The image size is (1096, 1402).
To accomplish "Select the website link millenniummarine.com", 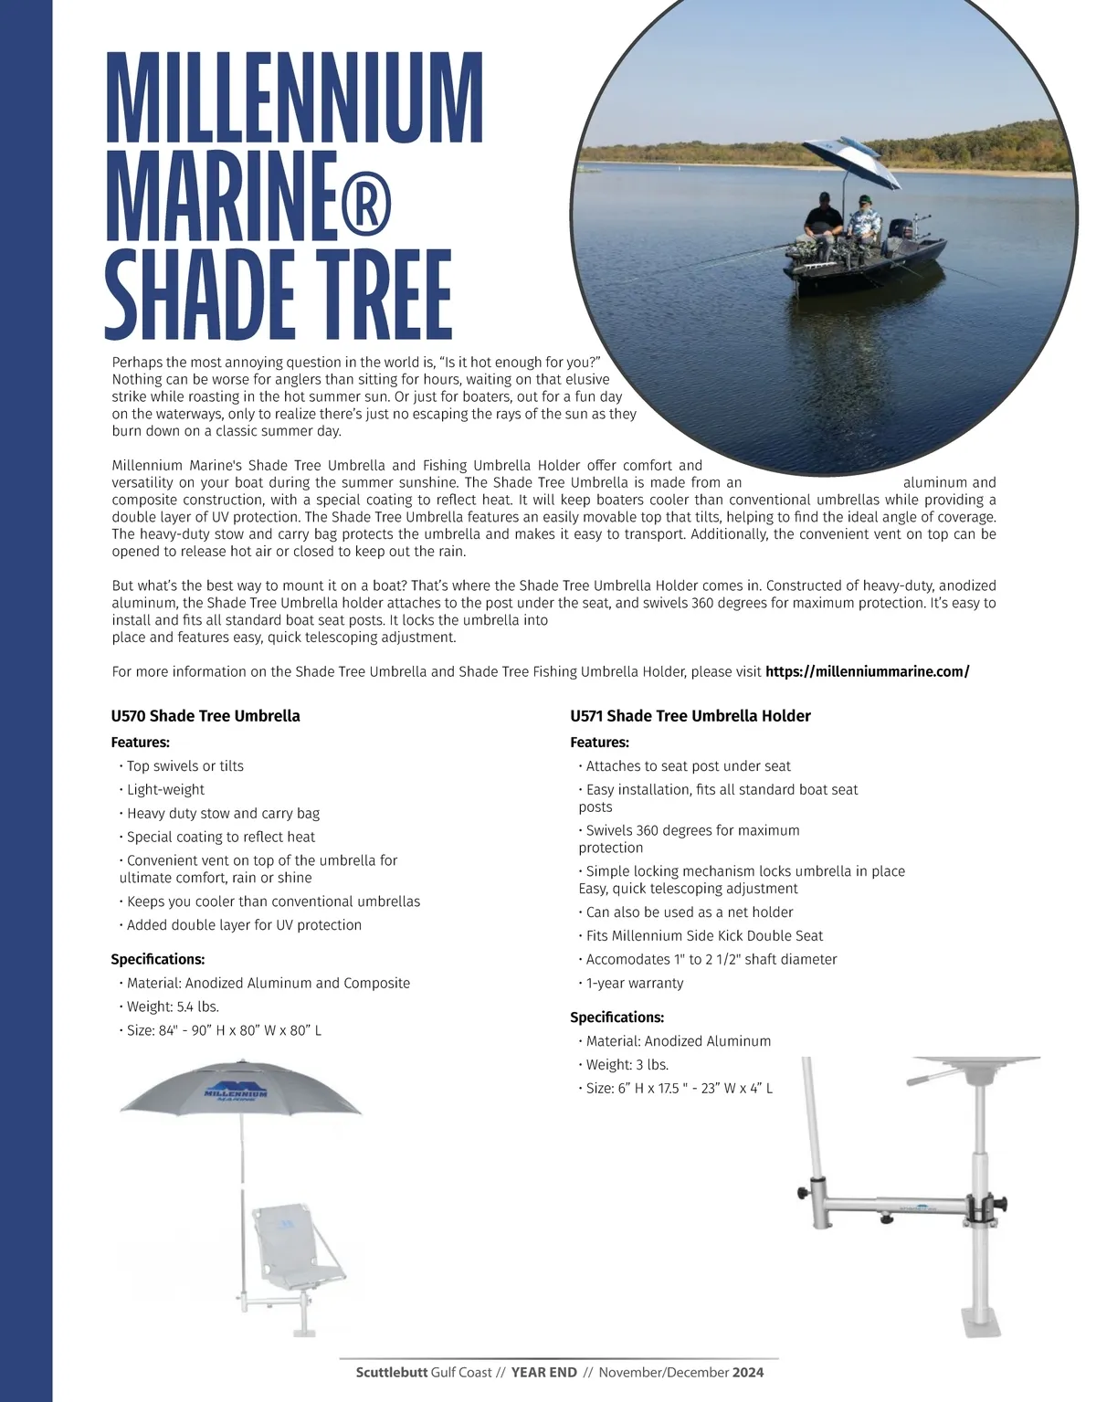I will tap(867, 671).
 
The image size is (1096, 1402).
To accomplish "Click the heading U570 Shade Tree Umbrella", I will tap(205, 716).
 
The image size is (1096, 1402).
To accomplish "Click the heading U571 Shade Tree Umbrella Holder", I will tap(690, 716).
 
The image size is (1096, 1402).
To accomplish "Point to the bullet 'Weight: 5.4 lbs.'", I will tap(172, 1007).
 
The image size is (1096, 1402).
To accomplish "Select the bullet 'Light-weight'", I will tap(165, 789).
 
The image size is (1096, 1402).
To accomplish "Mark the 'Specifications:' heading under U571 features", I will tap(616, 1017).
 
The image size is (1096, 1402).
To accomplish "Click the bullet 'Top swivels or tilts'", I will tap(184, 765).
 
